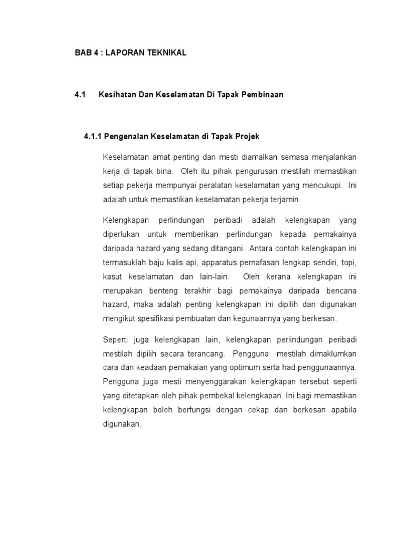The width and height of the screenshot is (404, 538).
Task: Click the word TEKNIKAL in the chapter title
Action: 165,54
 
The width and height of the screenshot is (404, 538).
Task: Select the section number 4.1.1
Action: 93,136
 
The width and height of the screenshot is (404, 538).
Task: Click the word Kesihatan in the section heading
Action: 116,95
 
